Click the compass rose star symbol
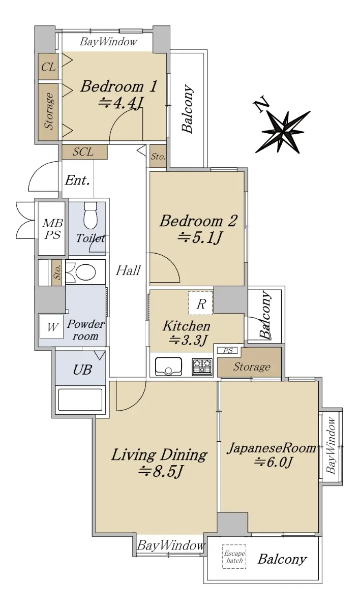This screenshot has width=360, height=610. tap(283, 132)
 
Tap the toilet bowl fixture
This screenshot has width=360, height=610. tap(91, 215)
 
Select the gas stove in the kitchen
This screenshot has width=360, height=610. tap(202, 367)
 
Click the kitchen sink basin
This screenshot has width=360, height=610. tap(168, 367)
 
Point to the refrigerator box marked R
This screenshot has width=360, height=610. tap(200, 303)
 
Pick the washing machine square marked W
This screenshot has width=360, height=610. tap(51, 327)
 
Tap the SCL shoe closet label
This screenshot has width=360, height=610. tap(83, 151)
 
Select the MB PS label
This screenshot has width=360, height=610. tap(52, 229)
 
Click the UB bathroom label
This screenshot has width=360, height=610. tap(82, 370)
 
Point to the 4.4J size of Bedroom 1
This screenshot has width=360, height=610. tap(121, 103)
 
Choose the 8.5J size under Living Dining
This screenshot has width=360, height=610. tap(160, 472)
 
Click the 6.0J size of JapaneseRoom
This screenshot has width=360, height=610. tap(274, 462)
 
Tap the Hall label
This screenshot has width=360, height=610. tap(128, 270)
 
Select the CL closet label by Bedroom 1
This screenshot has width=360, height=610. tap(48, 67)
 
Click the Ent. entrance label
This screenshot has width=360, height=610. tap(77, 180)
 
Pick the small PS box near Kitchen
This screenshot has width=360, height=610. tap(228, 351)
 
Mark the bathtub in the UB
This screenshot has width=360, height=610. tap(81, 400)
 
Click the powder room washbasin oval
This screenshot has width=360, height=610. tap(85, 272)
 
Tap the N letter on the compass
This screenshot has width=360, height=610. tap(262, 104)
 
